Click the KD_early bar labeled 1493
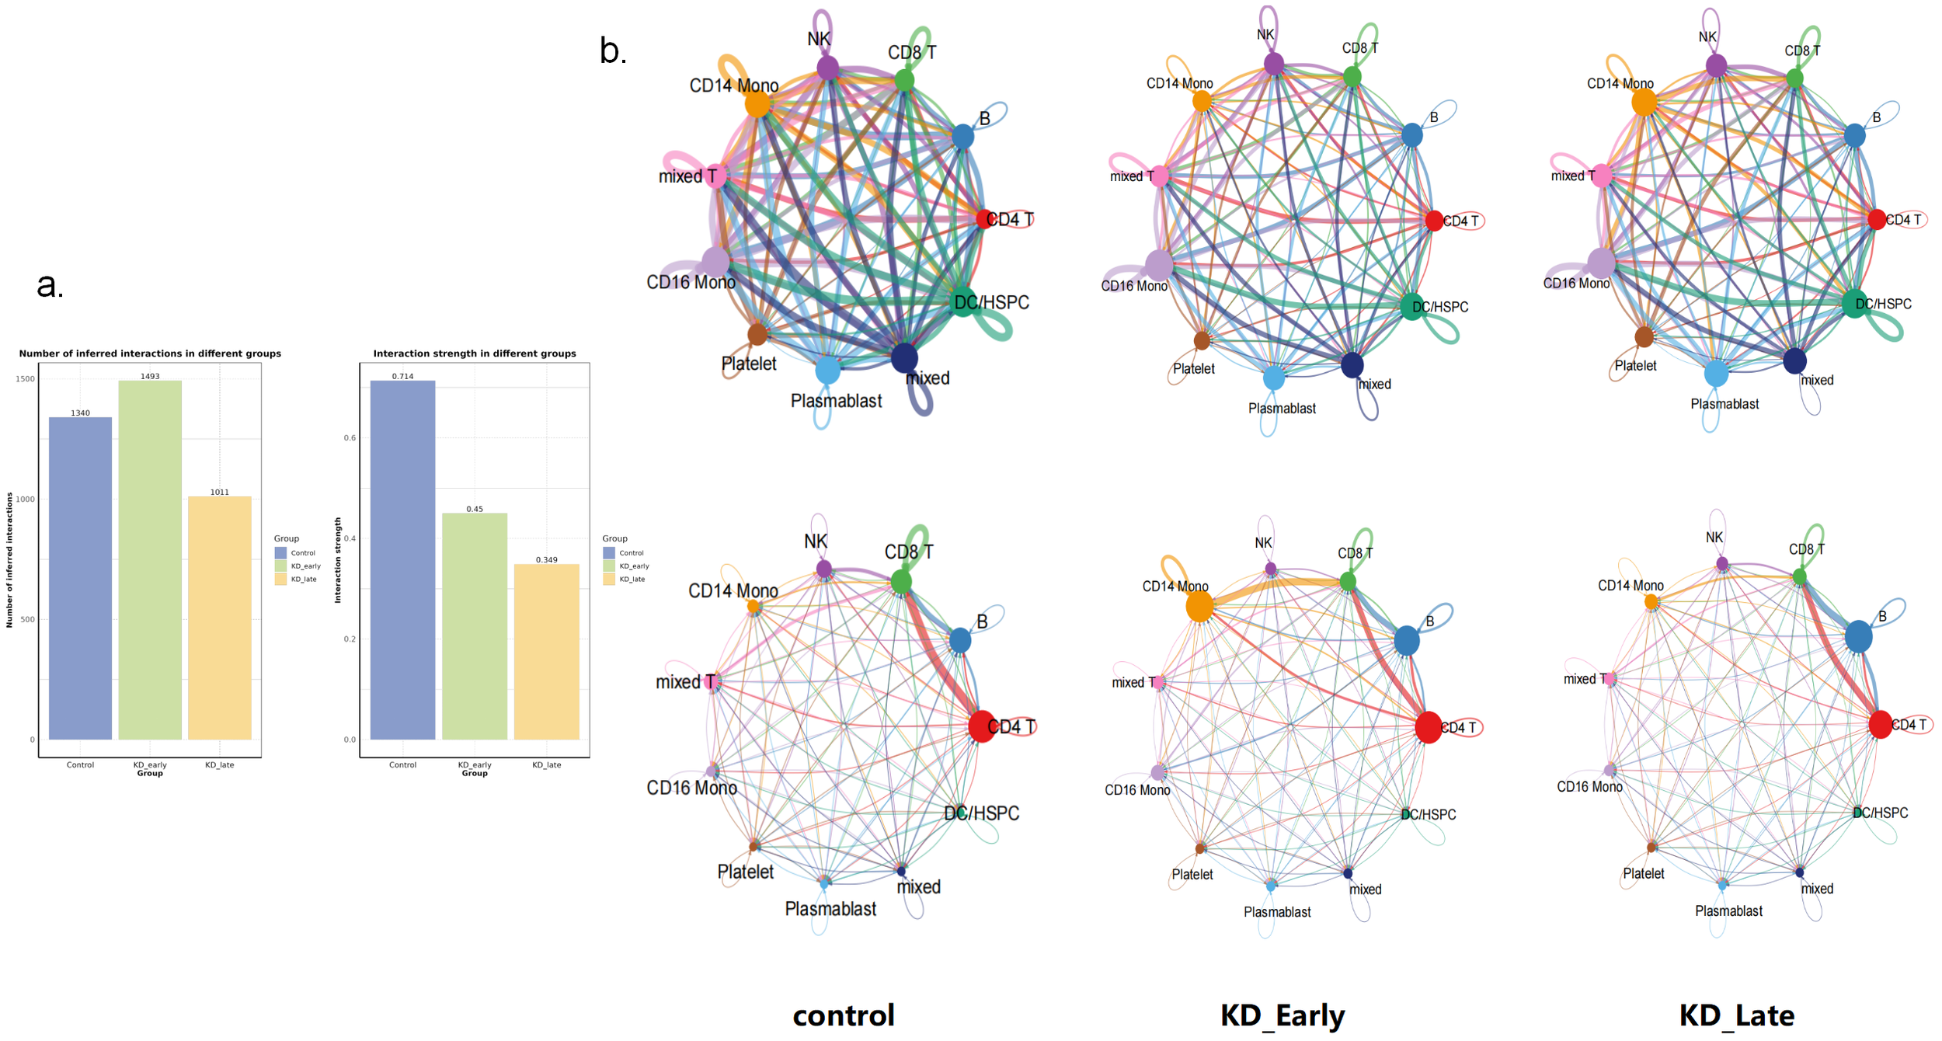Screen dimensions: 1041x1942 coord(150,559)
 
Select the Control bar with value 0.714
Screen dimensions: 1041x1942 coord(402,559)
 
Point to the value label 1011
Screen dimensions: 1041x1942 coord(220,492)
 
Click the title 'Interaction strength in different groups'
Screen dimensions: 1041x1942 coord(475,353)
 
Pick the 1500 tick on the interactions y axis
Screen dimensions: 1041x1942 coord(26,379)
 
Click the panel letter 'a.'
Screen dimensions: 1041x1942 coord(50,285)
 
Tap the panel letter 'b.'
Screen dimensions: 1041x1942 coord(612,51)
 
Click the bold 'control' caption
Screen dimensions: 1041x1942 coord(844,1015)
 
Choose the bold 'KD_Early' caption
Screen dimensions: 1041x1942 coord(1282,1015)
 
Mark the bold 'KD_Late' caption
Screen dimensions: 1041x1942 coord(1737,1015)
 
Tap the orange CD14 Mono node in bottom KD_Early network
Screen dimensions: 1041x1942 coord(1199,606)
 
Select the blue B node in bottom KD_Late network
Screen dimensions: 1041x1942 coord(1858,636)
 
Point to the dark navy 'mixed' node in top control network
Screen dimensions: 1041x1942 coord(904,357)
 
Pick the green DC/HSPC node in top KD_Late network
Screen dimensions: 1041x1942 coord(1855,302)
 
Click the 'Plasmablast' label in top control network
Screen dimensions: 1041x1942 coord(836,401)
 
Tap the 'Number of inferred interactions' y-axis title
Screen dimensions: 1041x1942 coord(9,559)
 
